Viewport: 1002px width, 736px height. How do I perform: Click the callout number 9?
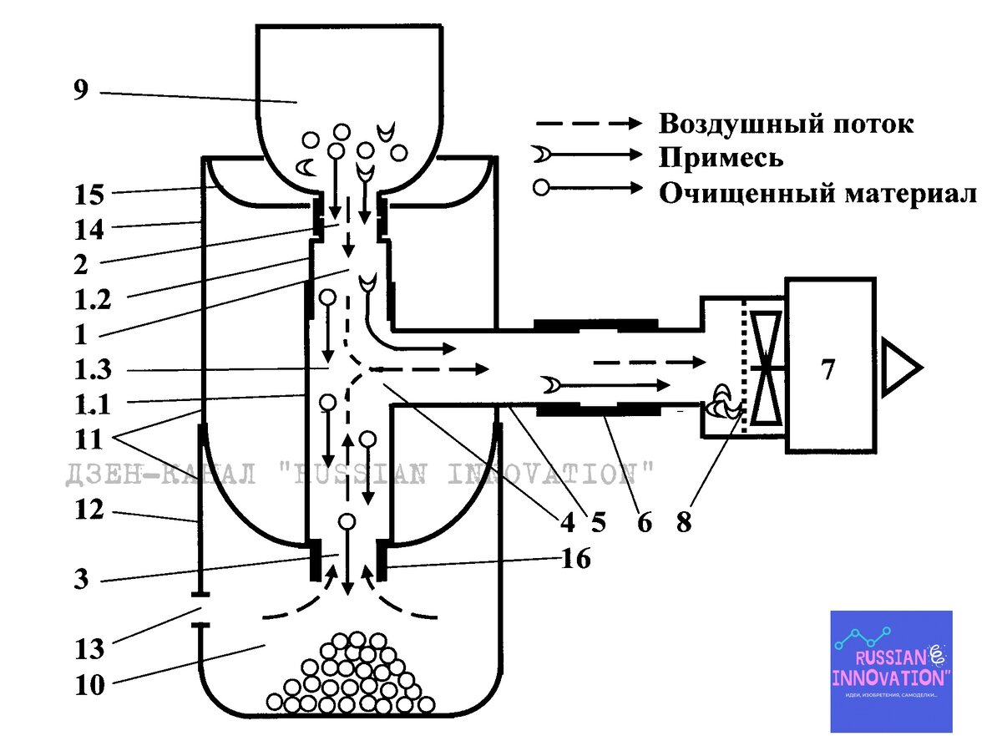[80, 89]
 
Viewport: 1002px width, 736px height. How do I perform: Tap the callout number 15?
[87, 195]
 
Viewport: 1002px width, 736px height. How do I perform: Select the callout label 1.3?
[94, 369]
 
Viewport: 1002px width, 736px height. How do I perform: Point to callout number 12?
[87, 509]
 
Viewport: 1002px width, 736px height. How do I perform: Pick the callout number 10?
[89, 685]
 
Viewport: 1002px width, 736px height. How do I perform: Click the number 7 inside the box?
[827, 369]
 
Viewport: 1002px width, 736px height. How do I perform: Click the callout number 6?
[644, 523]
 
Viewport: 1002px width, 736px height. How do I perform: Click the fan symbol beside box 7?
[766, 368]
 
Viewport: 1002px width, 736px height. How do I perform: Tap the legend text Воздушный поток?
[786, 124]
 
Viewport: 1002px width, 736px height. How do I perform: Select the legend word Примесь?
[721, 158]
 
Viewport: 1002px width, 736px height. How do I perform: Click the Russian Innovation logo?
[890, 671]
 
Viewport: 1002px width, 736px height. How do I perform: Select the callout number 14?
[87, 226]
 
